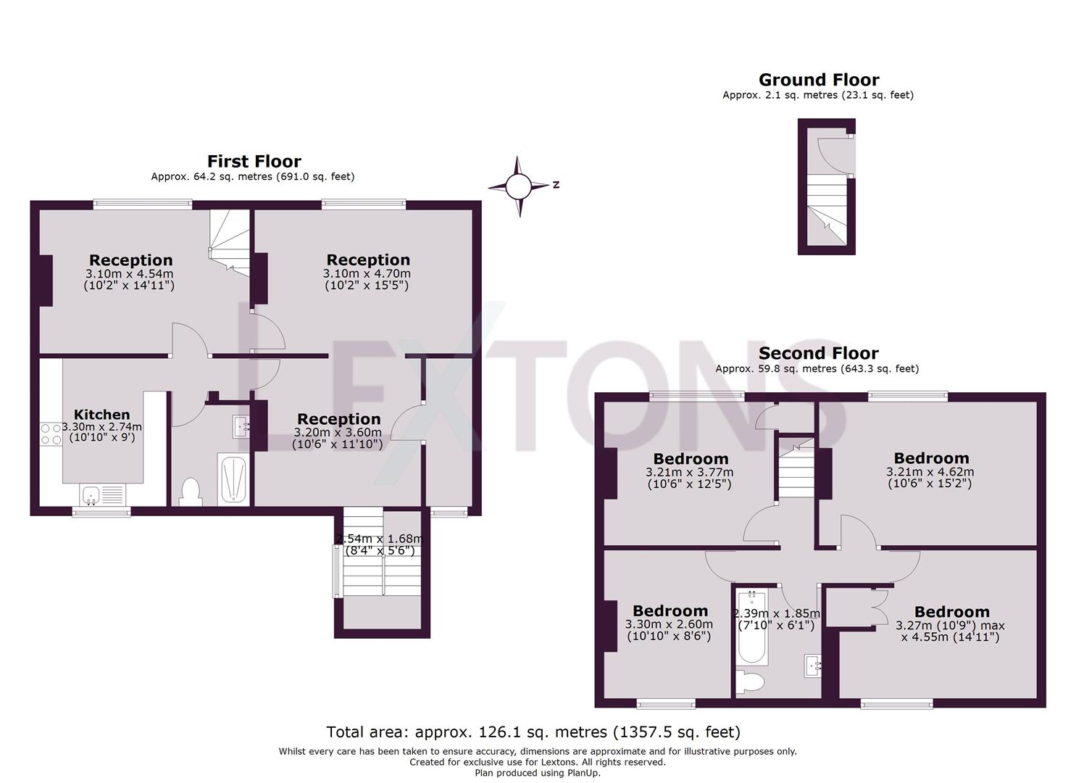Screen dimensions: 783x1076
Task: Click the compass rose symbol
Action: coord(518,186)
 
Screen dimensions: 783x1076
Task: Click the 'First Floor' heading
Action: coord(254,162)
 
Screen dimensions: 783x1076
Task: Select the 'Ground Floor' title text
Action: coord(818,80)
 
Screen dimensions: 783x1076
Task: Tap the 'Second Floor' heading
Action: coord(818,353)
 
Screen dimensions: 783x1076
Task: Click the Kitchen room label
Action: coord(101,415)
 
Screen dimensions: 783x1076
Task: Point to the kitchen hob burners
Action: coord(51,434)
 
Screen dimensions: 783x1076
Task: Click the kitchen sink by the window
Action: coord(91,495)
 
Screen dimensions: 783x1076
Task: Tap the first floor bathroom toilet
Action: coord(191,491)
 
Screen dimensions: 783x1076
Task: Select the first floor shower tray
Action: coord(233,478)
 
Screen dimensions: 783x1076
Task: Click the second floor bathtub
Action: coord(751,627)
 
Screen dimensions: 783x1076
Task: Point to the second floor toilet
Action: coord(748,682)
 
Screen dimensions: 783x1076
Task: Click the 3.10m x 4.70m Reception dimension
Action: coord(367,274)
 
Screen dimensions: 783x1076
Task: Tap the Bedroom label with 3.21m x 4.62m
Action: coord(930,458)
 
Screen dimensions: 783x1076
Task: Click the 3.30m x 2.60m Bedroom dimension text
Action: coord(668,624)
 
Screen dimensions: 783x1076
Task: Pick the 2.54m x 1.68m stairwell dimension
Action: coord(379,539)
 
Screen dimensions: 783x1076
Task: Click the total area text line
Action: coord(533,732)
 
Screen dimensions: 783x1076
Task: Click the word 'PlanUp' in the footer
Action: coord(580,773)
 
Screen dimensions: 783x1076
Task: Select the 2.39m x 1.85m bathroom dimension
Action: coord(776,613)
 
